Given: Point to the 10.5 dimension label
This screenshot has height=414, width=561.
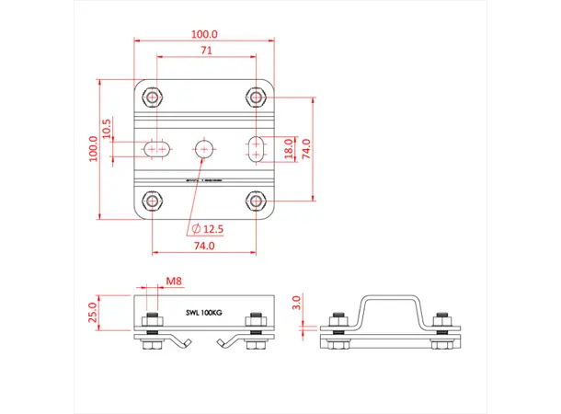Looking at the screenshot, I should pyautogui.click(x=108, y=130).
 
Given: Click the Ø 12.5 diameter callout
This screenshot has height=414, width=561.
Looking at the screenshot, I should pyautogui.click(x=209, y=228).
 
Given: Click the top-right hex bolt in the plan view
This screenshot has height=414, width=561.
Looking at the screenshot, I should pyautogui.click(x=256, y=96).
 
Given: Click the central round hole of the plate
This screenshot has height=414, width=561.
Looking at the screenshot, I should pyautogui.click(x=204, y=147).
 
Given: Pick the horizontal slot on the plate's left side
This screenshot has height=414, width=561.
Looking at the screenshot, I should pyautogui.click(x=154, y=147).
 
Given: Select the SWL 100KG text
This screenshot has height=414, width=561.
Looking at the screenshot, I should pyautogui.click(x=204, y=314).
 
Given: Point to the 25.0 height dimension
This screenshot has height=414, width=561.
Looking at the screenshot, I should pyautogui.click(x=92, y=314).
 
